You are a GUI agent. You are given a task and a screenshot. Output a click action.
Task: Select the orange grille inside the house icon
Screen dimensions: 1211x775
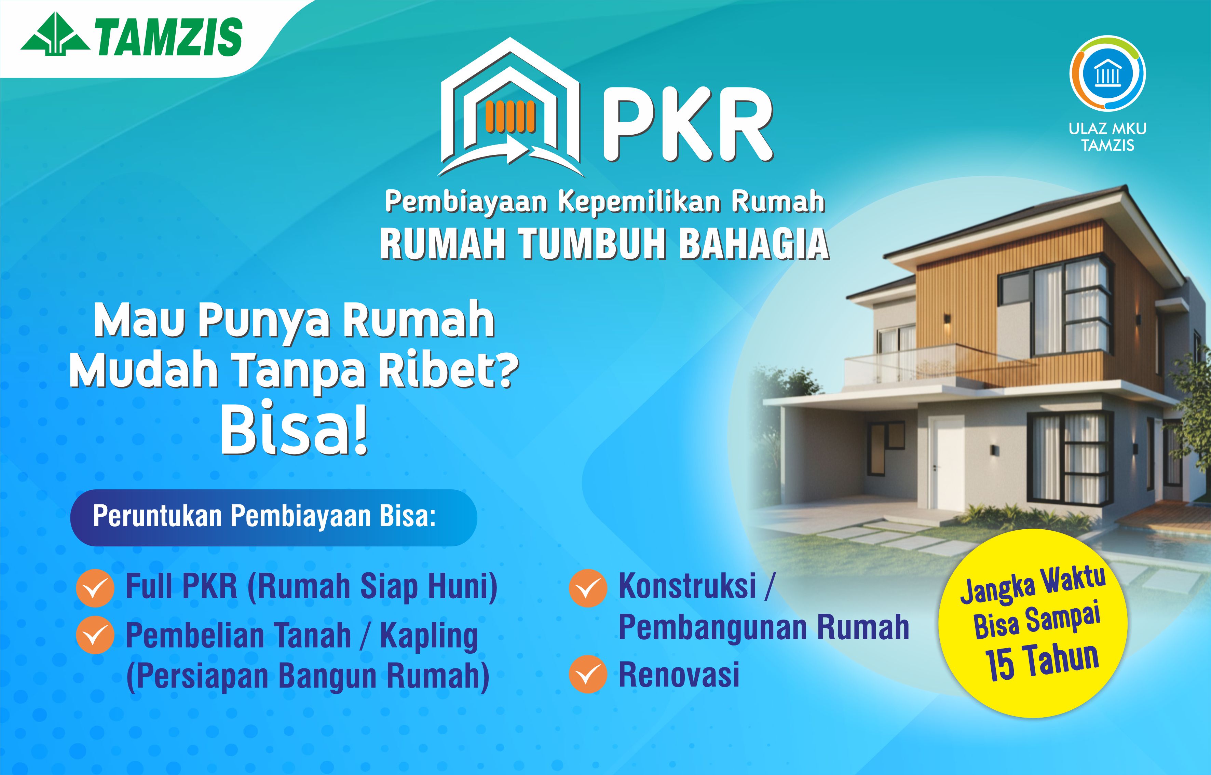point(511,117)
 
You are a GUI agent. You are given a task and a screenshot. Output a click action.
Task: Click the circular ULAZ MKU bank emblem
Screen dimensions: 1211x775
point(1107,73)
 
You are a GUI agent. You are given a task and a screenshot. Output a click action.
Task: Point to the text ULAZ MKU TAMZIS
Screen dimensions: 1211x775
point(1107,136)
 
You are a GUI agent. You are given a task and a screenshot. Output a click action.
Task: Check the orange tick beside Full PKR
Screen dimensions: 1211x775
point(95,588)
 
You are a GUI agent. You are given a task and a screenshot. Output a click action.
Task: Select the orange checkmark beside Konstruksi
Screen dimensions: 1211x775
point(588,588)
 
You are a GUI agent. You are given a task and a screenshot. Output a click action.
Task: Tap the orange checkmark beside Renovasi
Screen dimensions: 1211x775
point(588,674)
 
